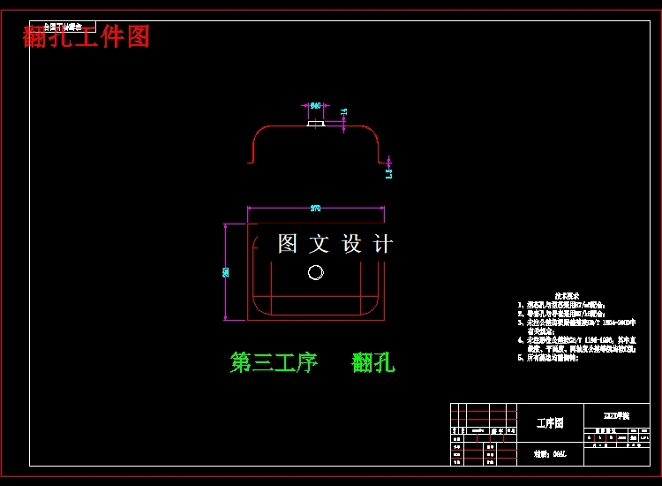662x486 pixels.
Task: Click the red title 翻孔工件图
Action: pyautogui.click(x=87, y=37)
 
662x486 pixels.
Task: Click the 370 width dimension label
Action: pyautogui.click(x=315, y=209)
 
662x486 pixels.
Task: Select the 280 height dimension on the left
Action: pyautogui.click(x=227, y=270)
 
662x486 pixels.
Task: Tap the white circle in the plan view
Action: pyautogui.click(x=316, y=272)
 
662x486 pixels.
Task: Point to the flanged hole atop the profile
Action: pyautogui.click(x=315, y=123)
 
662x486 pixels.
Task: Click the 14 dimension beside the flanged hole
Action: pyautogui.click(x=344, y=112)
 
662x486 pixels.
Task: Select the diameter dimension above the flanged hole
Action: pyautogui.click(x=315, y=105)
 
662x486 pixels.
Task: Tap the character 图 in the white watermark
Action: pyautogui.click(x=288, y=244)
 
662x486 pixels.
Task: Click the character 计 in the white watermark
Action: pyautogui.click(x=382, y=244)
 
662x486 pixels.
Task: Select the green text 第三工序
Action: pyautogui.click(x=274, y=362)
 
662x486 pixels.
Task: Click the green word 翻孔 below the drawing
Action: pyautogui.click(x=373, y=362)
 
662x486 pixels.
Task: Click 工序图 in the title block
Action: pyautogui.click(x=549, y=423)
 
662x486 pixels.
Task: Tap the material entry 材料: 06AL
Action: pyautogui.click(x=549, y=454)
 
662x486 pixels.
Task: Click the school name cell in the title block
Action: pyautogui.click(x=616, y=414)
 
